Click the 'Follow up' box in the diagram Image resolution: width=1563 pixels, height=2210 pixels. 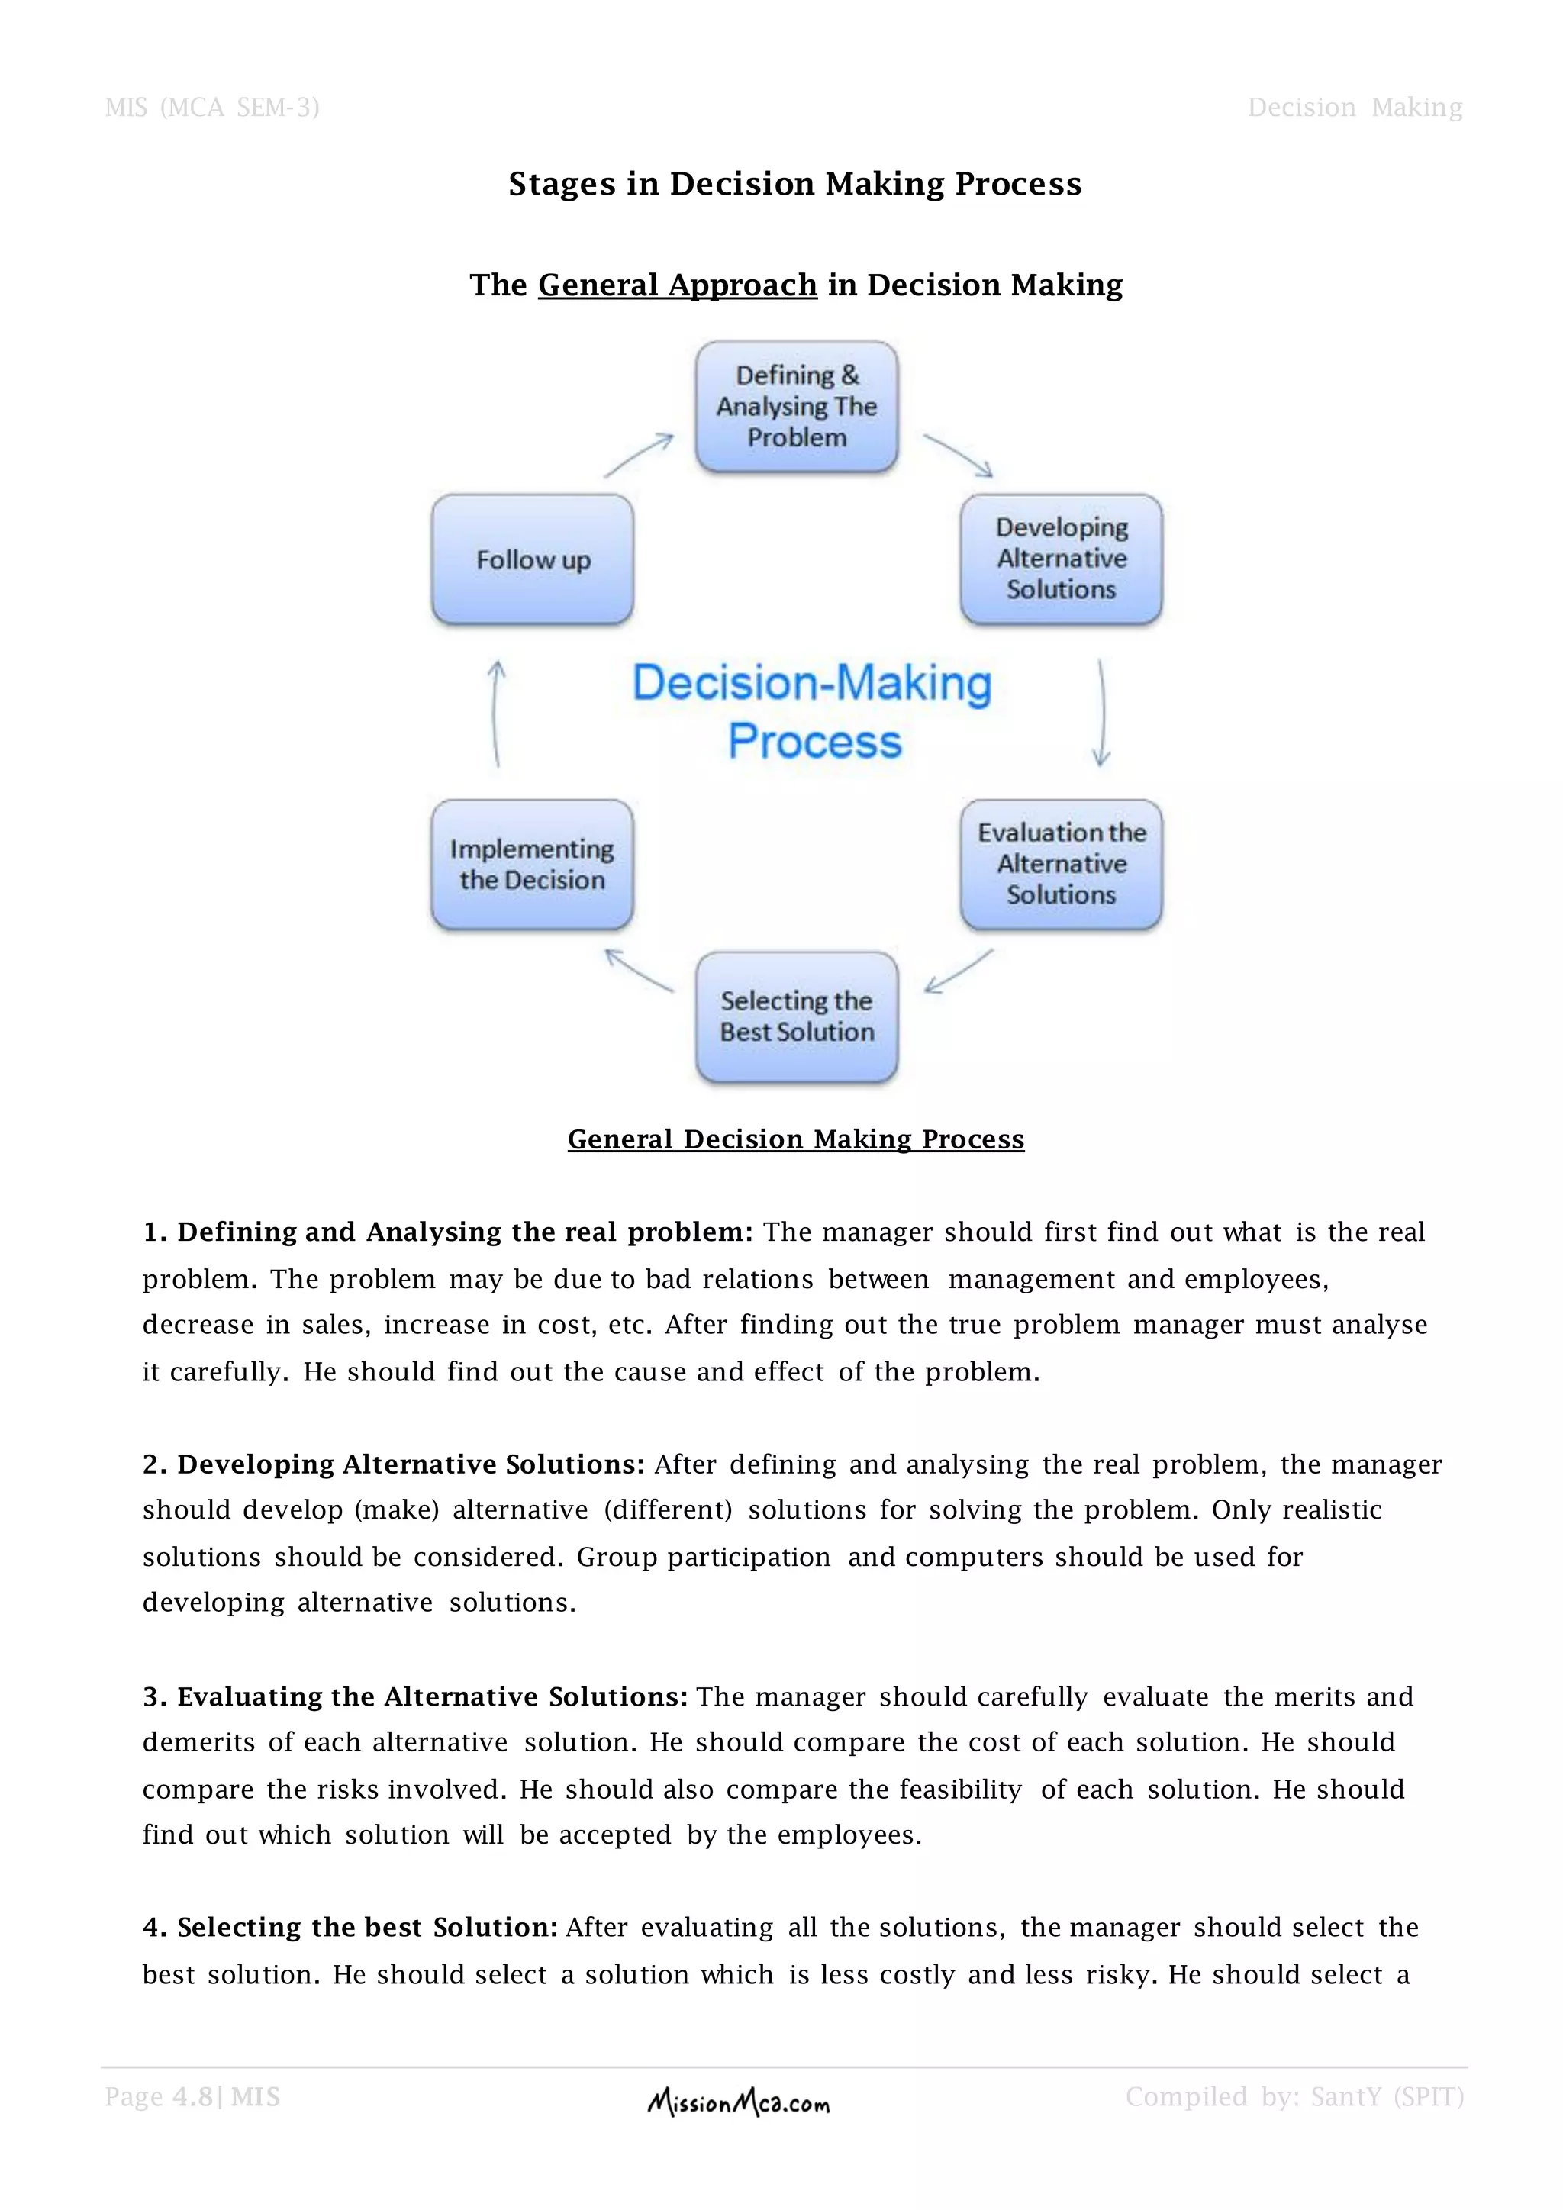point(532,559)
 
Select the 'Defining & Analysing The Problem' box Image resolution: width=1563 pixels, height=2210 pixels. point(797,406)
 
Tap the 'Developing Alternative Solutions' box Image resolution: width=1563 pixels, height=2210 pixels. point(1061,559)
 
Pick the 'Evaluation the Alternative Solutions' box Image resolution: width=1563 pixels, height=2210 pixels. point(1061,865)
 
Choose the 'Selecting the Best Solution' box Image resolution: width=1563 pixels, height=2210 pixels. point(797,1016)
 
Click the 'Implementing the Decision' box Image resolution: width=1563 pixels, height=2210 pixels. point(532,865)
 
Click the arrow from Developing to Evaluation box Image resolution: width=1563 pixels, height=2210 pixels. point(1102,712)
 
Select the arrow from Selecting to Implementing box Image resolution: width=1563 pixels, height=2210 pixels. point(639,970)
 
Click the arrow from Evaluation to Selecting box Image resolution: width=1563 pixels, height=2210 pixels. point(958,970)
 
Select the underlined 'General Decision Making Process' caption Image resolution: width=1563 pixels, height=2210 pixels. point(796,1139)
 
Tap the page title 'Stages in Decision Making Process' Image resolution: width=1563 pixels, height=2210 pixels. point(795,184)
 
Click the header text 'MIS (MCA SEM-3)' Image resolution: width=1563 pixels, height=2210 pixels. point(211,107)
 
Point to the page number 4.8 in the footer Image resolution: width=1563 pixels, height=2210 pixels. point(192,2097)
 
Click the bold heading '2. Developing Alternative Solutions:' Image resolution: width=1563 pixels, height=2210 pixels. point(394,1464)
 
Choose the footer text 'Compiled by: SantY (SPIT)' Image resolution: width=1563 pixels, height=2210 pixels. point(1294,2097)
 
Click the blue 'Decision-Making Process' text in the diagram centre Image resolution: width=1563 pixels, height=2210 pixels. point(812,711)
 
